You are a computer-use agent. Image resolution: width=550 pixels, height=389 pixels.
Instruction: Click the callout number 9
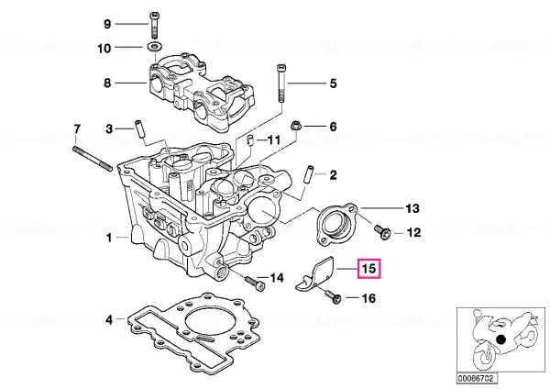pyautogui.click(x=107, y=24)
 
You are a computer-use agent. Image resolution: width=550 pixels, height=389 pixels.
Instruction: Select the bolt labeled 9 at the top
pyautogui.click(x=154, y=25)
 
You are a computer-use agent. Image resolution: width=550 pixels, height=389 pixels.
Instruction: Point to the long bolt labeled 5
pyautogui.click(x=282, y=83)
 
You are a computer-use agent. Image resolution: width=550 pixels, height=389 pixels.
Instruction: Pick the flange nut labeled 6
pyautogui.click(x=294, y=126)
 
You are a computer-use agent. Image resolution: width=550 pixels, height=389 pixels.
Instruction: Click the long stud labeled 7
pyautogui.click(x=93, y=159)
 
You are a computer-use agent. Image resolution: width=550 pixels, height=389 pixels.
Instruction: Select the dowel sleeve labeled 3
pyautogui.click(x=139, y=129)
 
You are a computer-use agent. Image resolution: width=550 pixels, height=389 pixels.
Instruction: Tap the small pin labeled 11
pyautogui.click(x=250, y=139)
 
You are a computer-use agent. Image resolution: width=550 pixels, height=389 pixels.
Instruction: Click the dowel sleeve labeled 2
pyautogui.click(x=310, y=174)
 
